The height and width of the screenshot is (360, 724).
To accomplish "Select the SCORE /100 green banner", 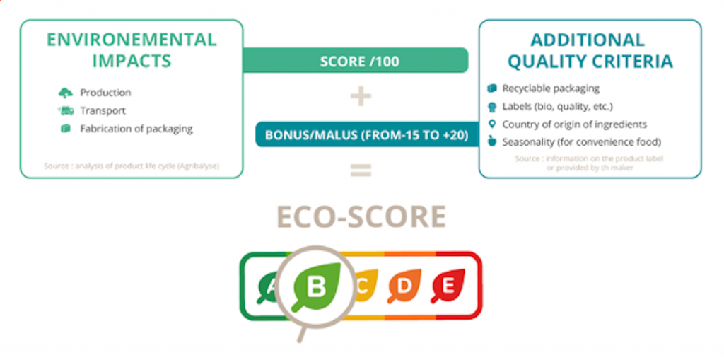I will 358,61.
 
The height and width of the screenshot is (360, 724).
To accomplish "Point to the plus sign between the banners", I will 361,97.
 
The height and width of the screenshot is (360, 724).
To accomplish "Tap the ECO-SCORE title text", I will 361,216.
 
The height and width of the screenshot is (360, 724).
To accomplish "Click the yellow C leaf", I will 362,285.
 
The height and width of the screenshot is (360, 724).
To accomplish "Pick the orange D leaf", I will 404,285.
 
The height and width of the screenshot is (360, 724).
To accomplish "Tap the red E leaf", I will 447,285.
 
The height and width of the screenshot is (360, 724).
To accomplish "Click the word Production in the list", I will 105,93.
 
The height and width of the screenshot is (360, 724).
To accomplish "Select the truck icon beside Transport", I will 65,110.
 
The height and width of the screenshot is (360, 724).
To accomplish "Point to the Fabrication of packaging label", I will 136,129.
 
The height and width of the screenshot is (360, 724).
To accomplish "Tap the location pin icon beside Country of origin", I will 492,124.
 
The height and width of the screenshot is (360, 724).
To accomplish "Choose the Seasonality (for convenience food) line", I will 581,142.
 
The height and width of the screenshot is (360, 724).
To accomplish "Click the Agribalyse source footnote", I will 132,167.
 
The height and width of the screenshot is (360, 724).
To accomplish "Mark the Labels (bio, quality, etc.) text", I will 557,106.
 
